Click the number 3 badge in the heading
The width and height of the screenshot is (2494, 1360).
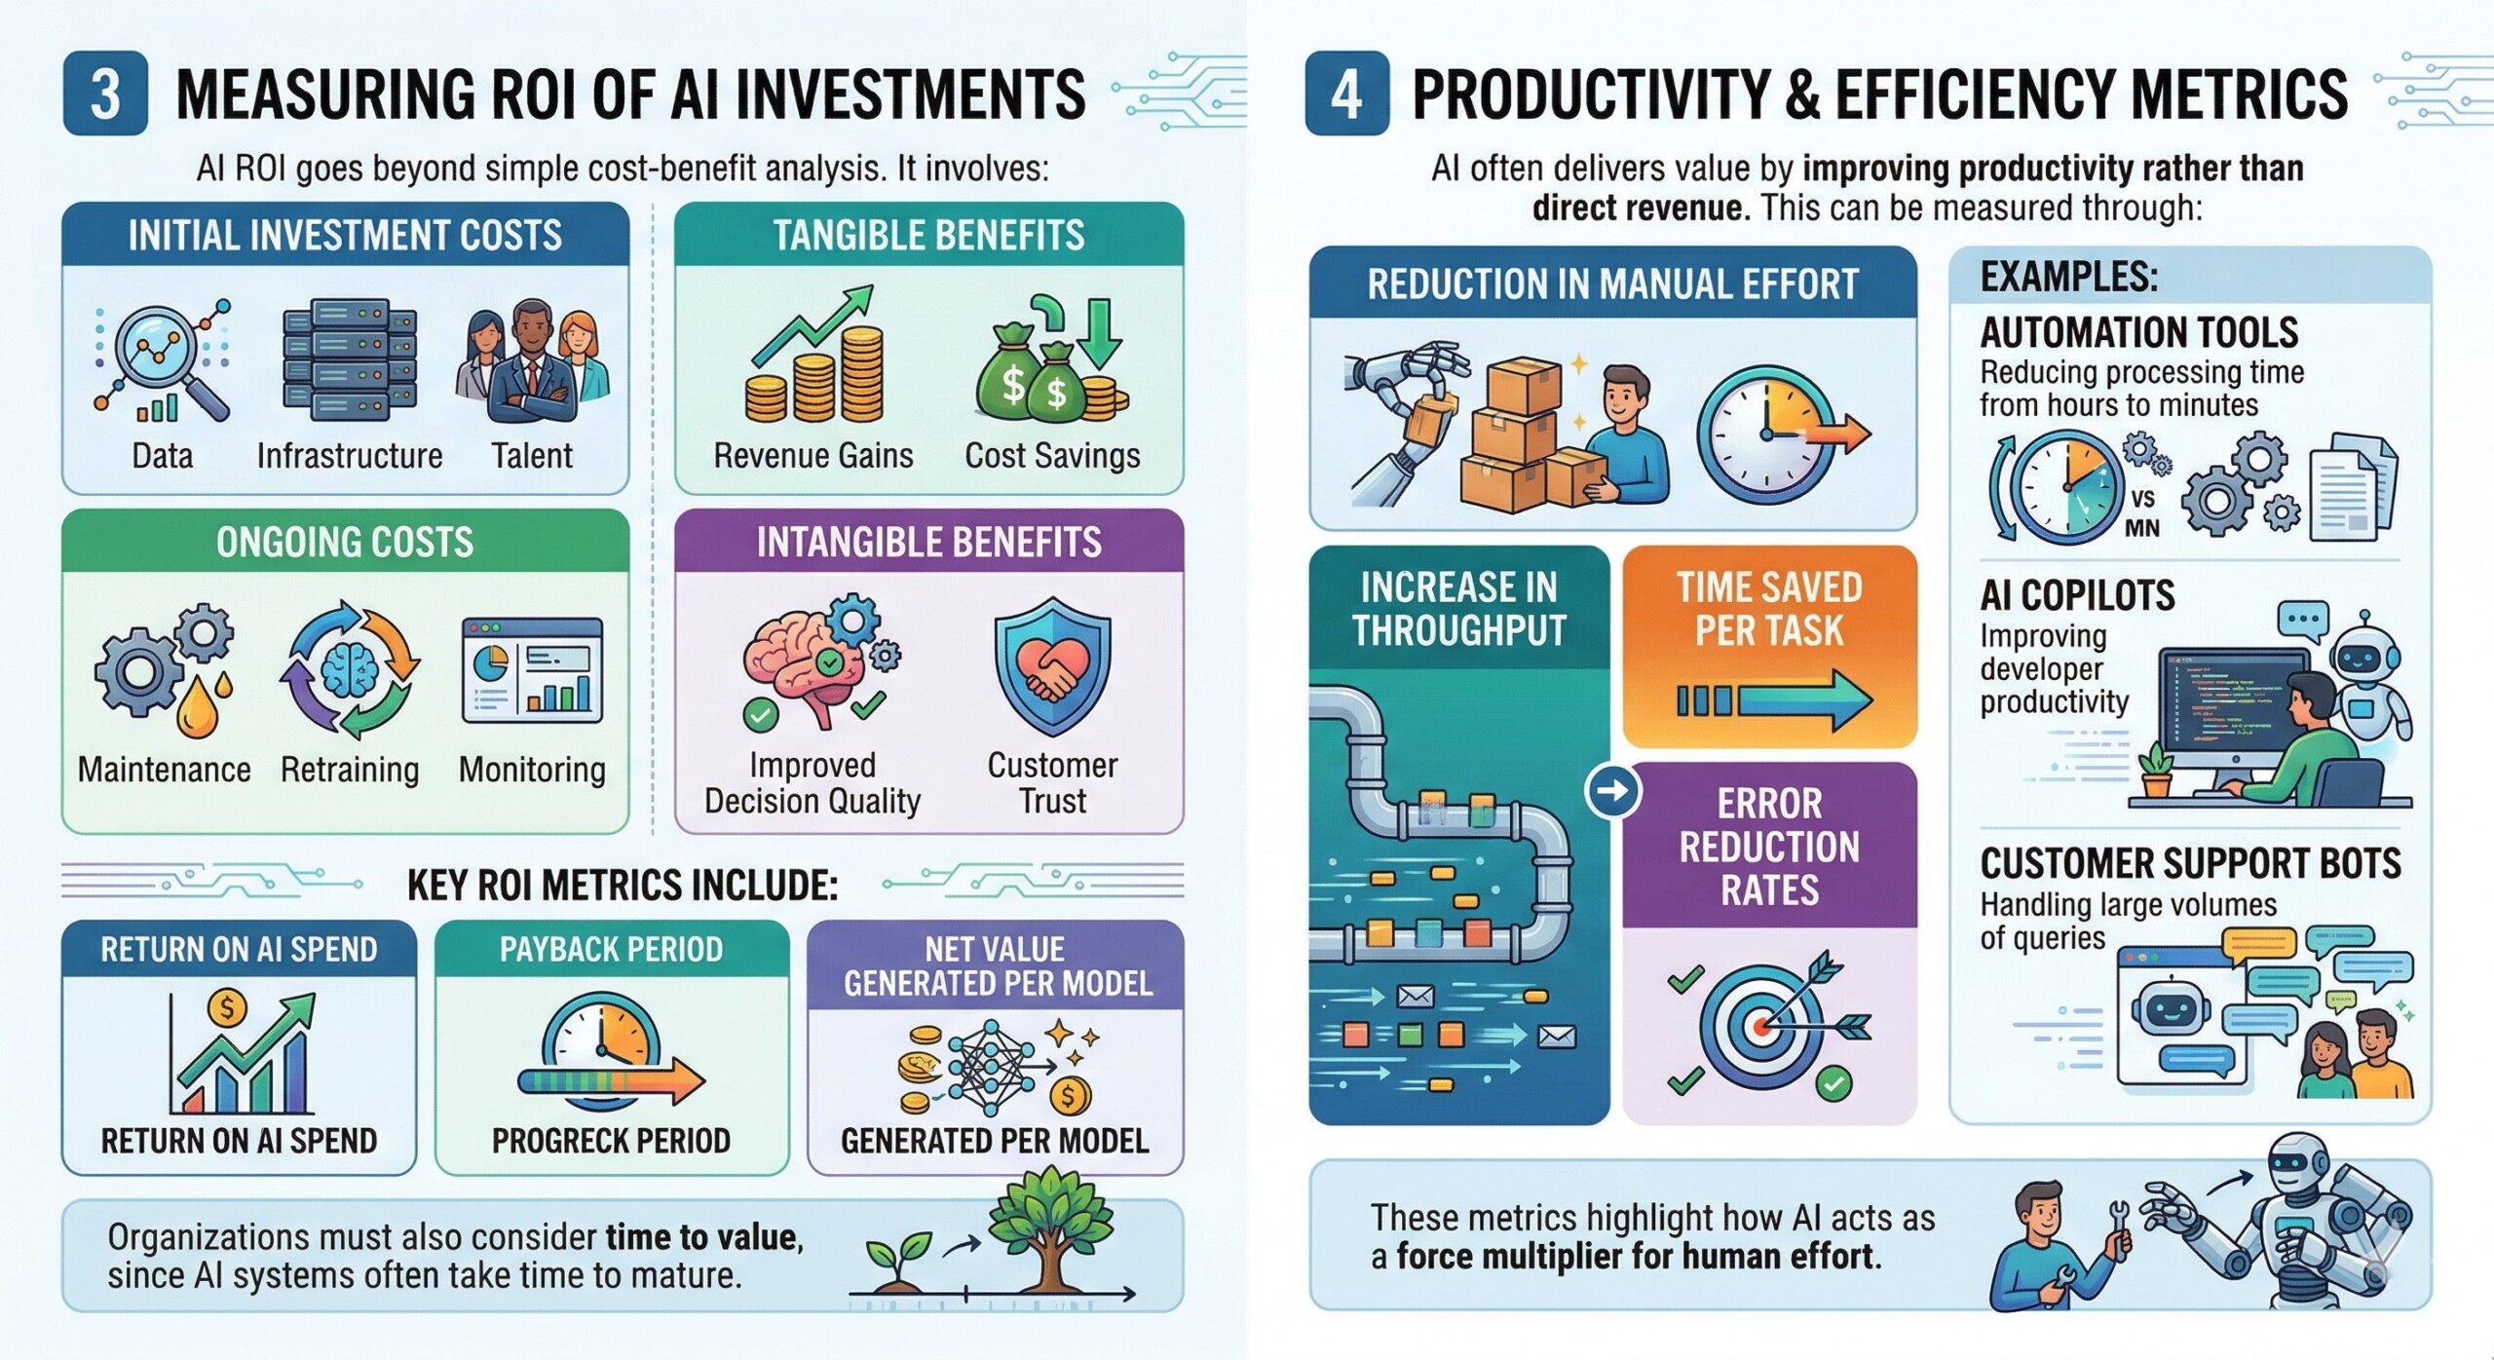105,94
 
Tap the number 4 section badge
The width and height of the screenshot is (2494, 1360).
1346,94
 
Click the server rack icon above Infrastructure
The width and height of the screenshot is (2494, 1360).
349,359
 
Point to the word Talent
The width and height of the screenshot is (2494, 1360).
531,455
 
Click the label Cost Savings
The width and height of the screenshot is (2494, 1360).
1052,455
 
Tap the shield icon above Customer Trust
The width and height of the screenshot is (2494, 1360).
1052,666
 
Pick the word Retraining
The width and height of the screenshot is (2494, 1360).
350,770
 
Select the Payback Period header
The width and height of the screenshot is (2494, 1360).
611,949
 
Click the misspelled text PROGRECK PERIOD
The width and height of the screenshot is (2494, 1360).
611,1141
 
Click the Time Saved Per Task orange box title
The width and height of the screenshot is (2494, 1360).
1769,609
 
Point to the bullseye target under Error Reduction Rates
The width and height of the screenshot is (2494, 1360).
1761,1023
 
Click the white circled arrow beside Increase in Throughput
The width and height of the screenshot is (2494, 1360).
1612,790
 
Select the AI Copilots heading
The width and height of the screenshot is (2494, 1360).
2077,595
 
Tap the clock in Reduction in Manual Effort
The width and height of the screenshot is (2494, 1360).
1765,428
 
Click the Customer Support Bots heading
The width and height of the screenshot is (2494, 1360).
2190,864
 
